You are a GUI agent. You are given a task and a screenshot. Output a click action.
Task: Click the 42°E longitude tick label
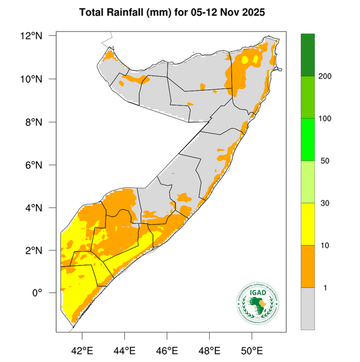[x=81, y=349]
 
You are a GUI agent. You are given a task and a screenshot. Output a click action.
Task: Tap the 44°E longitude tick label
[x=124, y=349]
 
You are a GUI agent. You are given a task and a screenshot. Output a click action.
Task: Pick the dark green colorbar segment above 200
[x=308, y=55]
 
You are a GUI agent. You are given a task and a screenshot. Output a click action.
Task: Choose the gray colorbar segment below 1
[x=308, y=308]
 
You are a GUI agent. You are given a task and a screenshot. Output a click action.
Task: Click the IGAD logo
[x=259, y=304]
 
